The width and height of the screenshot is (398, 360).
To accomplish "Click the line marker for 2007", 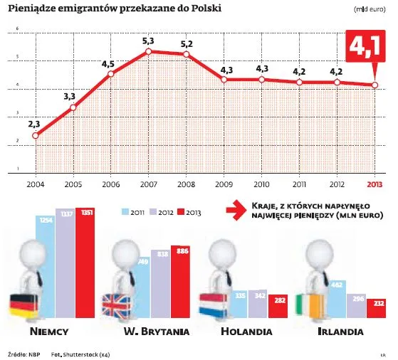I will (148, 51).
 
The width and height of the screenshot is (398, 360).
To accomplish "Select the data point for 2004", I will (36, 135).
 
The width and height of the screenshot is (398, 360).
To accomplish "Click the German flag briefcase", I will (23, 305).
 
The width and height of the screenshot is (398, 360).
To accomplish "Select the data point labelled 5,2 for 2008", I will (186, 55).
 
